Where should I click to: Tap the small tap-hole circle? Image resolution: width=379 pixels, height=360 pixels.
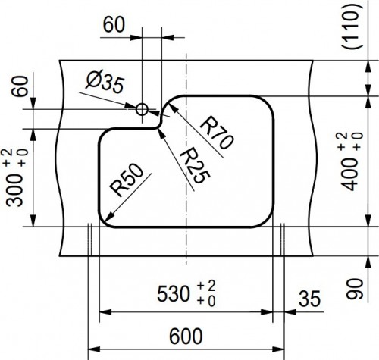142,109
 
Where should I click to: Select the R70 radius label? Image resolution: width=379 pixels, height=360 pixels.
217,133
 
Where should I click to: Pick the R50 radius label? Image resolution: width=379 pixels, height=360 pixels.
127,180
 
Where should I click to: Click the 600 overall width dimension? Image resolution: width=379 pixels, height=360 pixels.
186,337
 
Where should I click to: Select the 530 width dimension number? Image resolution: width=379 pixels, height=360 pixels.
173,294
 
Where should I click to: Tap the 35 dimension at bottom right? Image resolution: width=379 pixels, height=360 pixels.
309,299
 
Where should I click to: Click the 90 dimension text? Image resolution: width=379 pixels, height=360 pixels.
354,289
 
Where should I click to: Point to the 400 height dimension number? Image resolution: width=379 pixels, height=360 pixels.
351,175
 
